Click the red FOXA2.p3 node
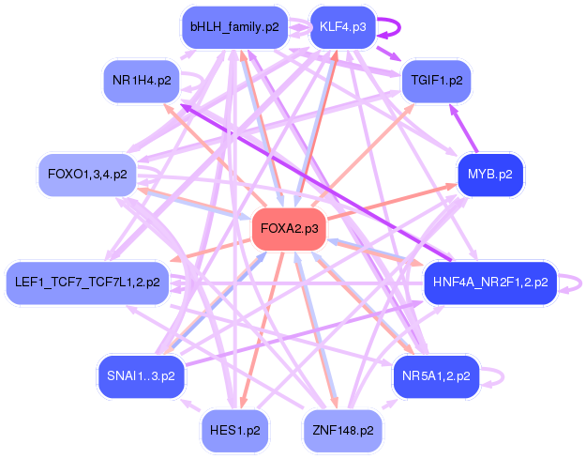click(x=289, y=228)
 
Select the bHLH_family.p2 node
click(x=234, y=27)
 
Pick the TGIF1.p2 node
click(x=436, y=81)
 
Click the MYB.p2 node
click(x=489, y=175)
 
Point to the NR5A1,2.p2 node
click(x=436, y=375)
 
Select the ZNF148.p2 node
click(x=342, y=431)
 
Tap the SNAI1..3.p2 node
click(x=142, y=375)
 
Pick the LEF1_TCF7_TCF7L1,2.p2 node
click(x=87, y=281)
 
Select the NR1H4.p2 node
click(x=142, y=81)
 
